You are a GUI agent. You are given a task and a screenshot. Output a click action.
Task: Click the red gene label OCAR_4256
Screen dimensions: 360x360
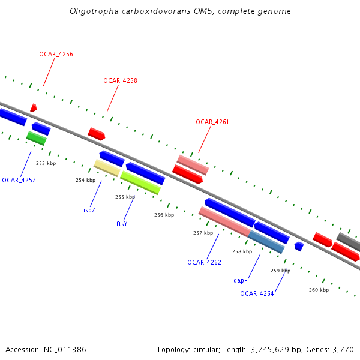[56, 54]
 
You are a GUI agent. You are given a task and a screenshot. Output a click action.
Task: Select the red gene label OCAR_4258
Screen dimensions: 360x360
[120, 80]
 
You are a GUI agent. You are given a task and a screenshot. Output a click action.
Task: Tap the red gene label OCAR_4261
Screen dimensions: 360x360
[212, 122]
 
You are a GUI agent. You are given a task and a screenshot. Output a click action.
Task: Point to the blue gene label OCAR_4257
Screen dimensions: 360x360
[19, 180]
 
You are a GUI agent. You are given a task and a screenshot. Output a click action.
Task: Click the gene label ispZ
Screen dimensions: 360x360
[89, 210]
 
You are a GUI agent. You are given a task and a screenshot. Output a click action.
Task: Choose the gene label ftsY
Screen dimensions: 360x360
[122, 224]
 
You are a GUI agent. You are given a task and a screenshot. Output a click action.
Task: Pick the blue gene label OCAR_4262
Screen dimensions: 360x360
[204, 262]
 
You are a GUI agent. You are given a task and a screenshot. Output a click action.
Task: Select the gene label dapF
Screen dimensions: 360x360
[240, 280]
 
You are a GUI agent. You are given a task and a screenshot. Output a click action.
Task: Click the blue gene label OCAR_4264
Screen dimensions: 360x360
[257, 293]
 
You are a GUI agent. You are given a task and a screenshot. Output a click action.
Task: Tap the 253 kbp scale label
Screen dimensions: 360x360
[46, 163]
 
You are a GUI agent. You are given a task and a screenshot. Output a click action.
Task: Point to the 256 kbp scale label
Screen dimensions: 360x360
[164, 215]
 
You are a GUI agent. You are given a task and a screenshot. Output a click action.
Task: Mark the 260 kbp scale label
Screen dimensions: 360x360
[319, 290]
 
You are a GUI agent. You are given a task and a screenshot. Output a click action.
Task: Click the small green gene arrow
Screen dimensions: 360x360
[36, 138]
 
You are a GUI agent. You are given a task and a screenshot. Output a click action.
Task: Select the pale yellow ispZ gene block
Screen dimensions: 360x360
[107, 167]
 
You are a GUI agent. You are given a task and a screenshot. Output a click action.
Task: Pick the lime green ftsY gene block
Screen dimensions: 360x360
[140, 182]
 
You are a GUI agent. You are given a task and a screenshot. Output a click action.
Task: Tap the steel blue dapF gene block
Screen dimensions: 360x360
[267, 242]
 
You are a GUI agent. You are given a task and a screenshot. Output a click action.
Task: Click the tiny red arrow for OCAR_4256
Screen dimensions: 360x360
[34, 107]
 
